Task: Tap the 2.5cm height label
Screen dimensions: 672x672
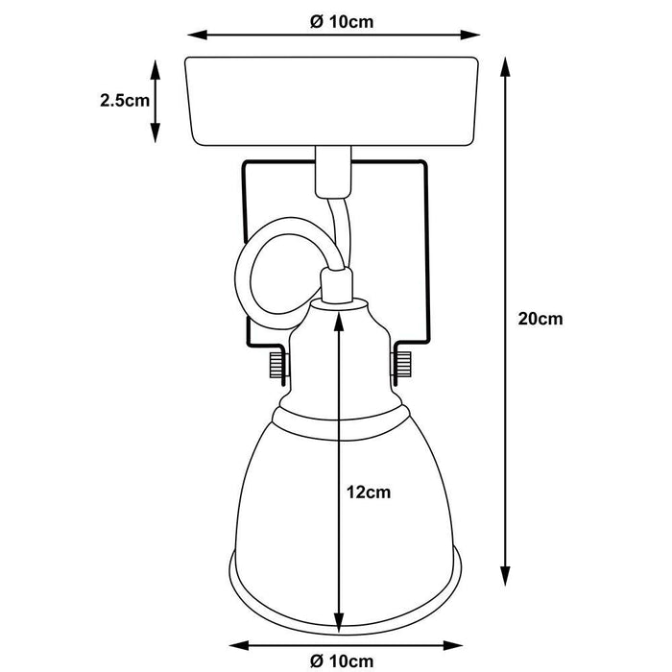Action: [x=124, y=100]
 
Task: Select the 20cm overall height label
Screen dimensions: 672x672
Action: [x=540, y=320]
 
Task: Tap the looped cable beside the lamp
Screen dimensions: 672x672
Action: [x=259, y=274]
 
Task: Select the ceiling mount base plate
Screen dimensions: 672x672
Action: [x=332, y=101]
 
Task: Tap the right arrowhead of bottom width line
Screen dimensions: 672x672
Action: [x=449, y=644]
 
